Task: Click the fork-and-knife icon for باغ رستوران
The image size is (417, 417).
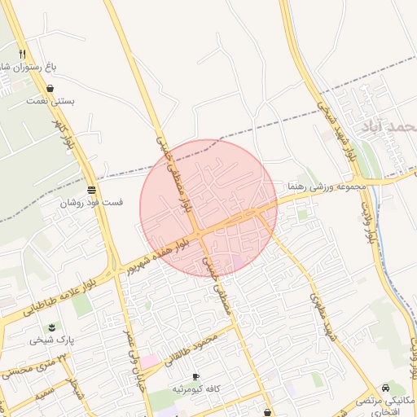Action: tap(33, 53)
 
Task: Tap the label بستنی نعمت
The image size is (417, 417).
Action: tap(50, 101)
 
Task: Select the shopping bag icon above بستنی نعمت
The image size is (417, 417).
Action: tap(50, 89)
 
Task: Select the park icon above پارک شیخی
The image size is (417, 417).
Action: tap(51, 327)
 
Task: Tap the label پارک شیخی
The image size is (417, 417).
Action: tap(46, 340)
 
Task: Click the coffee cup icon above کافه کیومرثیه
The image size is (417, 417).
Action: tap(195, 376)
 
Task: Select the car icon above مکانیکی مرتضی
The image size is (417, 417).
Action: tap(385, 388)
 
